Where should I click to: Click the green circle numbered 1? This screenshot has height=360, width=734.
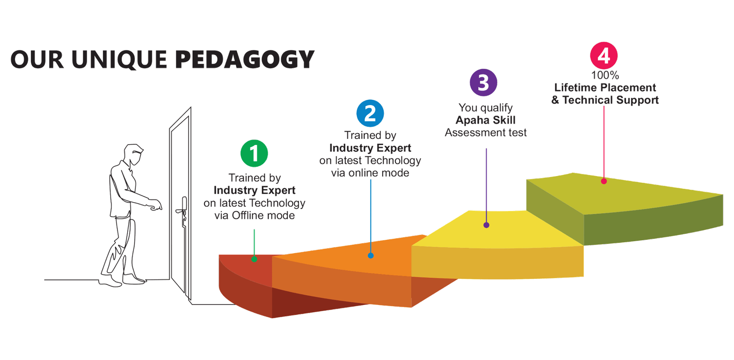tap(254, 153)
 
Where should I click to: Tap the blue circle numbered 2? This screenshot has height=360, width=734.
tap(370, 113)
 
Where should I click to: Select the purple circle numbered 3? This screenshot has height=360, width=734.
tap(484, 82)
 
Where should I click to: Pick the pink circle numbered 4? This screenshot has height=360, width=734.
tap(604, 55)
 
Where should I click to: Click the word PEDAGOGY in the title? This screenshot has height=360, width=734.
tap(245, 60)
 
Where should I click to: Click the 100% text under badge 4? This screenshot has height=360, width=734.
tap(605, 75)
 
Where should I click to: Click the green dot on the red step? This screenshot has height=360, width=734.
tap(254, 259)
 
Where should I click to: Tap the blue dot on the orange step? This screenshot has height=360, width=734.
tap(371, 255)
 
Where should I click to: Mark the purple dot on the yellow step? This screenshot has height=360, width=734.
tap(486, 225)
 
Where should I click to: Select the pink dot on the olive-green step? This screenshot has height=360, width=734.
tap(604, 181)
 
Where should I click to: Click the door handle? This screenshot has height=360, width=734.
tap(182, 210)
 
